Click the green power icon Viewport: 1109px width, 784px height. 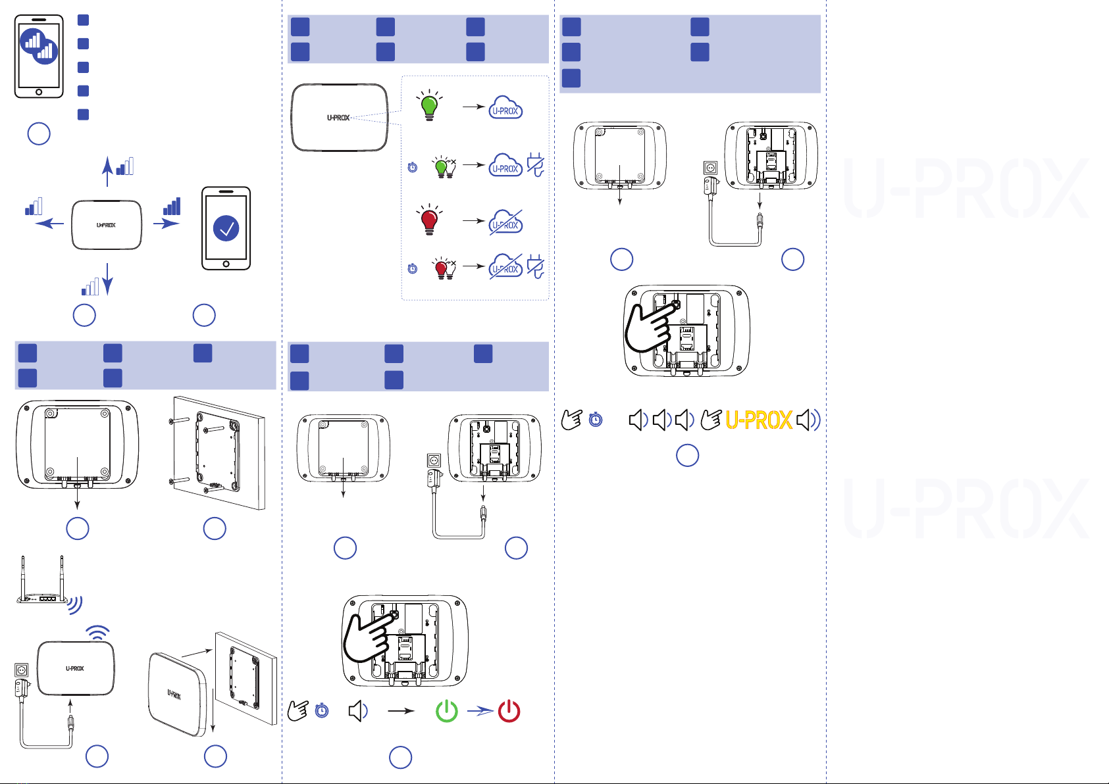[x=447, y=711]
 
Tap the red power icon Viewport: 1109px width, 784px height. [x=509, y=711]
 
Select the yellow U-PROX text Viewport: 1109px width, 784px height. [x=758, y=420]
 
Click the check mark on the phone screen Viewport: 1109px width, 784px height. [x=226, y=228]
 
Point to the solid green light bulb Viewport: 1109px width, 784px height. [x=429, y=106]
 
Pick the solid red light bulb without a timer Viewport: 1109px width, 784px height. [x=429, y=220]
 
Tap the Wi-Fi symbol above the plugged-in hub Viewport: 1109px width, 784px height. [x=97, y=633]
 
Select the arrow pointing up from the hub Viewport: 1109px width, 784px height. [x=107, y=172]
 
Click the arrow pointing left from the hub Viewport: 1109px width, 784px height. [x=49, y=224]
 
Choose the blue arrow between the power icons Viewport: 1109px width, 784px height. [x=480, y=711]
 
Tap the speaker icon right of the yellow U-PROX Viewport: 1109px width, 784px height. [x=808, y=420]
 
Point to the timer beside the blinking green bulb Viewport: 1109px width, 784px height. [x=413, y=167]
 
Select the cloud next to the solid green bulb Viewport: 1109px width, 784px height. [x=505, y=107]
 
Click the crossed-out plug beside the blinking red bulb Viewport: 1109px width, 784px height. [x=536, y=266]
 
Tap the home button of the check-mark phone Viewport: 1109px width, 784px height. [x=226, y=264]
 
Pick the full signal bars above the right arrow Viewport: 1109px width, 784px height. [x=172, y=207]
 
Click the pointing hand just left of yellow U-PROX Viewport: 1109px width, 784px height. [x=711, y=420]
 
